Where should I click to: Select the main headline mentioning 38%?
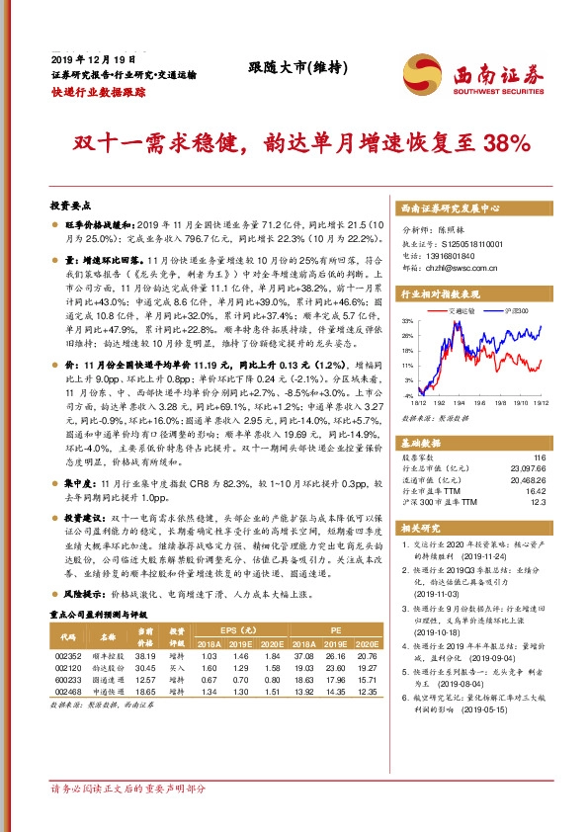point(293,144)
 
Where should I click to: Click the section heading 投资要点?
point(70,206)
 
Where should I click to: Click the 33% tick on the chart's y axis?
point(406,321)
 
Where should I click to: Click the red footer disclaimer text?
point(128,790)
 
